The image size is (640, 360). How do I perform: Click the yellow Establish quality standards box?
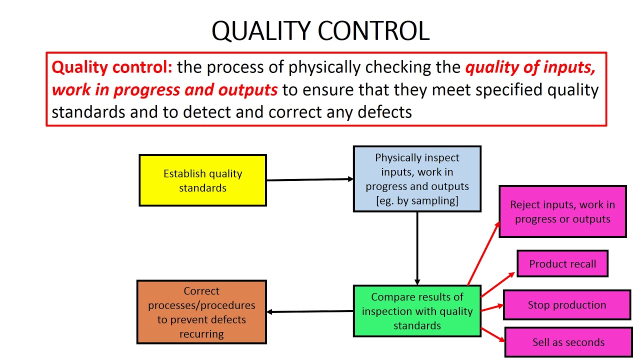tap(202, 180)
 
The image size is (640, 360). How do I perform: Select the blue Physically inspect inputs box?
tap(417, 179)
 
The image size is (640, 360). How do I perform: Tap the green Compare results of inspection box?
tap(417, 311)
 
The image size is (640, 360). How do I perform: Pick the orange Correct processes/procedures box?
tap(201, 312)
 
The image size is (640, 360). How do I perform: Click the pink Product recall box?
tap(562, 264)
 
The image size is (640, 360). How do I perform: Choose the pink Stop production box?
tap(566, 305)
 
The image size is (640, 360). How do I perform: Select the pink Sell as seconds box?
tap(568, 342)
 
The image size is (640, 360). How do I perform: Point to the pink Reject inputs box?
tap(562, 211)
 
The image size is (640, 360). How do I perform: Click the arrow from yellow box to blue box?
tap(310, 179)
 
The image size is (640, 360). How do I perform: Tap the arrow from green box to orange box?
tap(310, 311)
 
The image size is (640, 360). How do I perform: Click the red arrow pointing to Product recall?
tap(498, 284)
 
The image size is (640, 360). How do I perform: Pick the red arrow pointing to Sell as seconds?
tap(493, 334)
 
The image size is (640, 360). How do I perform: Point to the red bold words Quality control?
tap(111, 67)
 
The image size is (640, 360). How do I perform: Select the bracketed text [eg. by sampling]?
tap(417, 200)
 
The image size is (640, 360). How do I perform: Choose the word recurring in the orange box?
tap(201, 334)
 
